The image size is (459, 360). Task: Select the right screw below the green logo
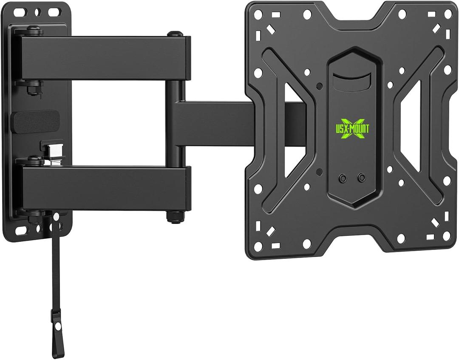pos(361,177)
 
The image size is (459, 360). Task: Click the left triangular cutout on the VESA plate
pos(293,110)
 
